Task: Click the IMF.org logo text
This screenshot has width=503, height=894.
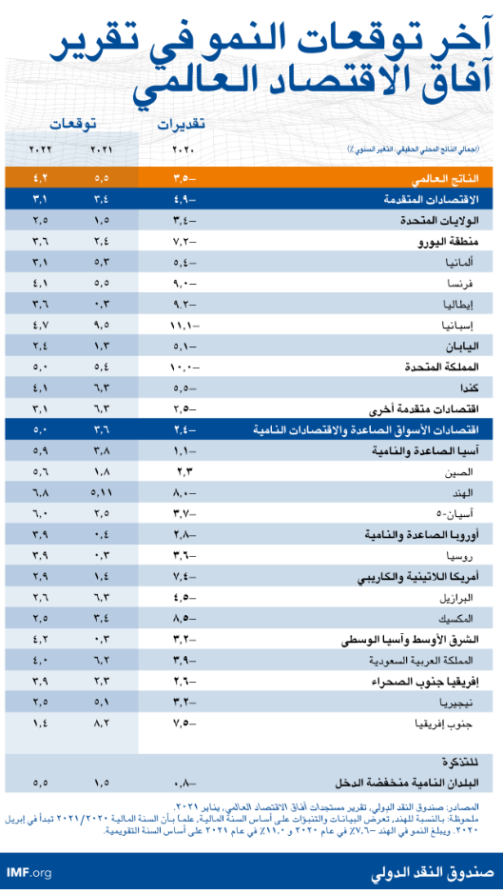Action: (x=29, y=872)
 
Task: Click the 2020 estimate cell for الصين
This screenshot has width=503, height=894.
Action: (x=184, y=471)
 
